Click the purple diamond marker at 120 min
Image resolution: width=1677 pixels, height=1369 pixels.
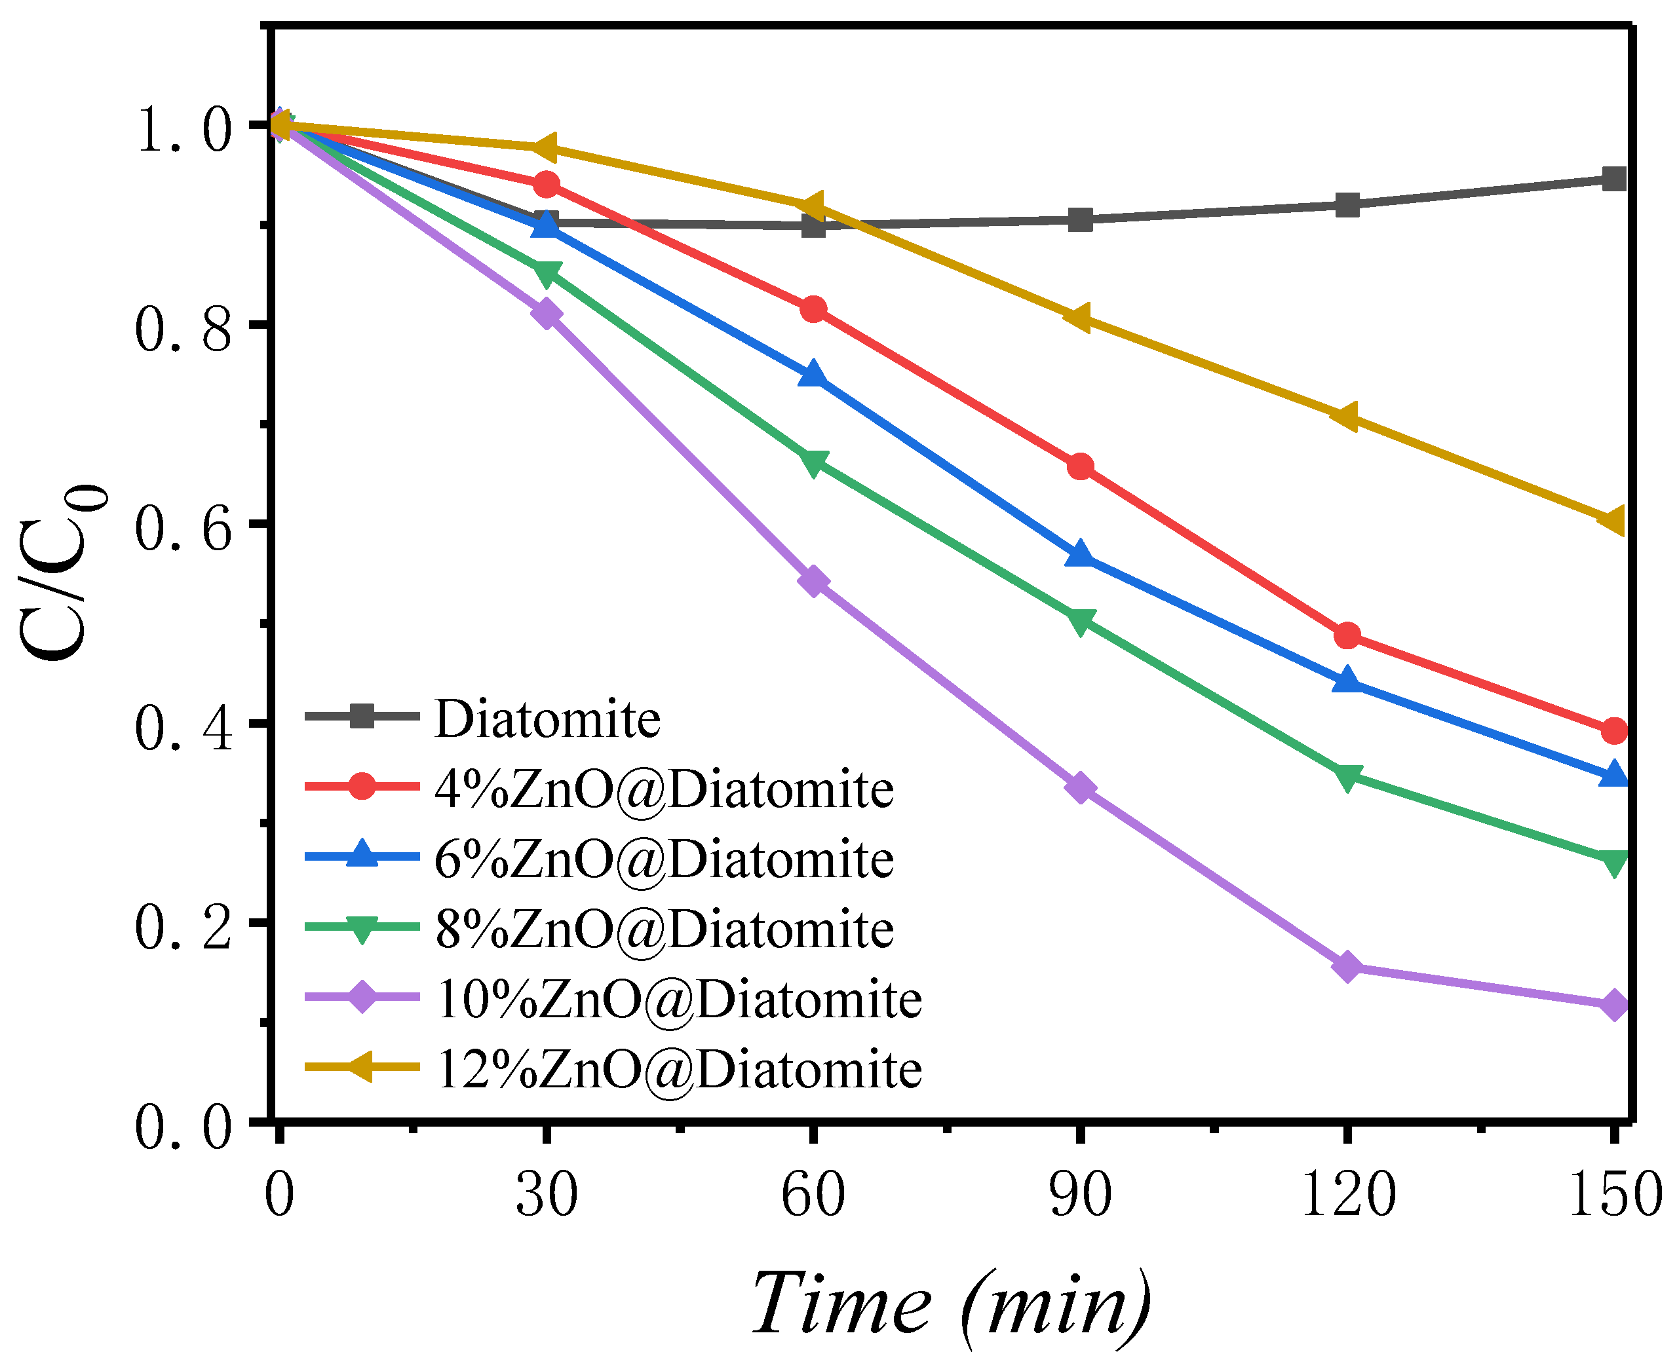[1347, 966]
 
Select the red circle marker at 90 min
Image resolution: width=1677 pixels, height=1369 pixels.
[1080, 467]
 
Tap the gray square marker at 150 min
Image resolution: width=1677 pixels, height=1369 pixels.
[1614, 178]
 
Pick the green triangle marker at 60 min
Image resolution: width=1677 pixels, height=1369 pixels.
[813, 462]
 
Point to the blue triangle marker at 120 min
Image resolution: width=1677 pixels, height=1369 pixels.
[1347, 680]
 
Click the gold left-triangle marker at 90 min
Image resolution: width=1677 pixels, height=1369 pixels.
[1077, 318]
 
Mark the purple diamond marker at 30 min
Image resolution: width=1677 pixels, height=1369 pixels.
[546, 314]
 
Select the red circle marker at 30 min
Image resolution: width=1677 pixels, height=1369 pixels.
[546, 185]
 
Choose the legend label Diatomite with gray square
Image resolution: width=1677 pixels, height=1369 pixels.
[547, 719]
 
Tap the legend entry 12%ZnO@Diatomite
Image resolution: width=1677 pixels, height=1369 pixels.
[678, 1070]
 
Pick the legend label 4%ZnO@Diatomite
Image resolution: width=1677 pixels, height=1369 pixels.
[664, 789]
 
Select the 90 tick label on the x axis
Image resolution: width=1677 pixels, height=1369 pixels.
[1080, 1195]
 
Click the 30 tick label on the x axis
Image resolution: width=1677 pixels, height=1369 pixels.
[546, 1195]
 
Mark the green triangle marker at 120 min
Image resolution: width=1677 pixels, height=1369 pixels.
[1347, 777]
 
